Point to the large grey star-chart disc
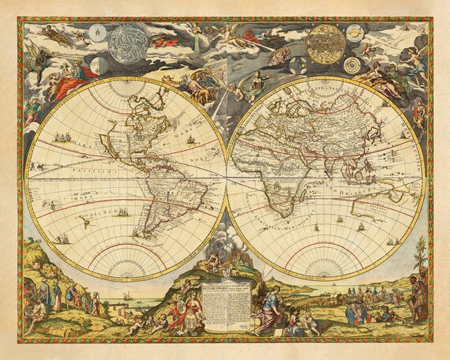[x=132, y=43]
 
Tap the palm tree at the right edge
[x=420, y=257]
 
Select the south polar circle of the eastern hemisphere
[x=326, y=261]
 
